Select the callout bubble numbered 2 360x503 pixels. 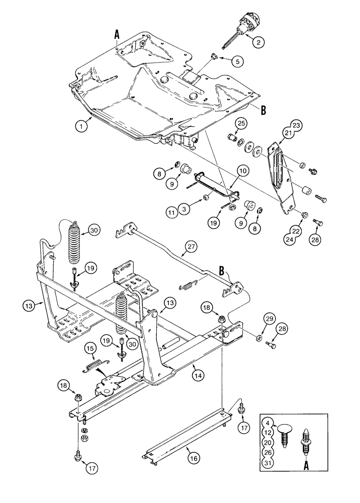point(257,43)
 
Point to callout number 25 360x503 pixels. point(241,123)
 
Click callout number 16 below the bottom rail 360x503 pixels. point(193,458)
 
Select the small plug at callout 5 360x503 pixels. point(213,58)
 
